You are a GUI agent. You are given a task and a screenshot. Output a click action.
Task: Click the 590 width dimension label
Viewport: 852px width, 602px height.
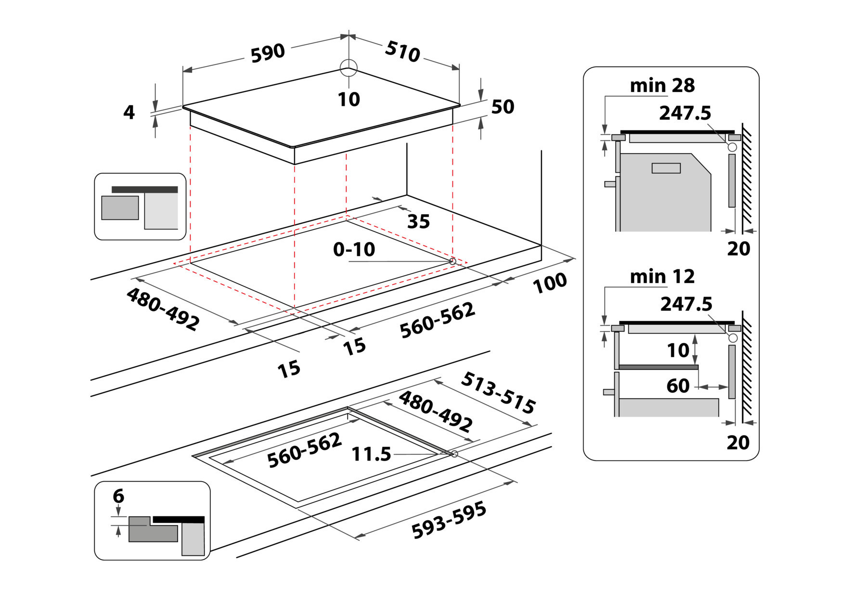coord(268,52)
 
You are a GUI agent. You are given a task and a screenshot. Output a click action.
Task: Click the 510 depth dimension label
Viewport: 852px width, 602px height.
coord(403,51)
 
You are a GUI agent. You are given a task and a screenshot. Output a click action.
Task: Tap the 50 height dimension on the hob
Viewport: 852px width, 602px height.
coord(503,106)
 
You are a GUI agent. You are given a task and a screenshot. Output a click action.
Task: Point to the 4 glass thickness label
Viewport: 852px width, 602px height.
coord(129,112)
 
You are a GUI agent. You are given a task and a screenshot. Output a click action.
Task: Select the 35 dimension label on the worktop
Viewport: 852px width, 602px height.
coord(418,221)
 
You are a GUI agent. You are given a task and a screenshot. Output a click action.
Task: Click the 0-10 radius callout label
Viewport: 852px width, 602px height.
coord(354,249)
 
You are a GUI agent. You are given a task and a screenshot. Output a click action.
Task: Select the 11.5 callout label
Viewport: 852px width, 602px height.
coord(371,454)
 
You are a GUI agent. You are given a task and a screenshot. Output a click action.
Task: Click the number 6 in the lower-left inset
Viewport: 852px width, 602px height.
coord(118,496)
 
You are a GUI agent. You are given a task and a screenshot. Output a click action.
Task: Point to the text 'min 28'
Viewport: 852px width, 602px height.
coord(662,86)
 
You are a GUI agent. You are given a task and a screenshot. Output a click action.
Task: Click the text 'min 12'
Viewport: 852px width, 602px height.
coord(662,277)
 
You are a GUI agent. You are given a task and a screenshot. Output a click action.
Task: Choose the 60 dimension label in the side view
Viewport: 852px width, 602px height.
coord(678,385)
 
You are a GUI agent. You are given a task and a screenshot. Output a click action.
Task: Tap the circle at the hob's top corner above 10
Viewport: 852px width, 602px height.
coord(348,68)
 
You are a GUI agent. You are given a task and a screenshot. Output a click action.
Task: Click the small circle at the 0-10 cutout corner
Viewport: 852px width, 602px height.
coord(452,261)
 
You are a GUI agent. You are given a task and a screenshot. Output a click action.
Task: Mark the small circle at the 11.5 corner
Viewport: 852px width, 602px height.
coord(454,453)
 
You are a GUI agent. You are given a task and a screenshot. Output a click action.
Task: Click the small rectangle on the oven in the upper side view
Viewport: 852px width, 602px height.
coord(666,168)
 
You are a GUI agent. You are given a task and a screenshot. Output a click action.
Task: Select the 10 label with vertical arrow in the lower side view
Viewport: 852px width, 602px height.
coord(678,350)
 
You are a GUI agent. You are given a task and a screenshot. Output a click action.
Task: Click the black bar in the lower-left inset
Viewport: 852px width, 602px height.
coord(179,520)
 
